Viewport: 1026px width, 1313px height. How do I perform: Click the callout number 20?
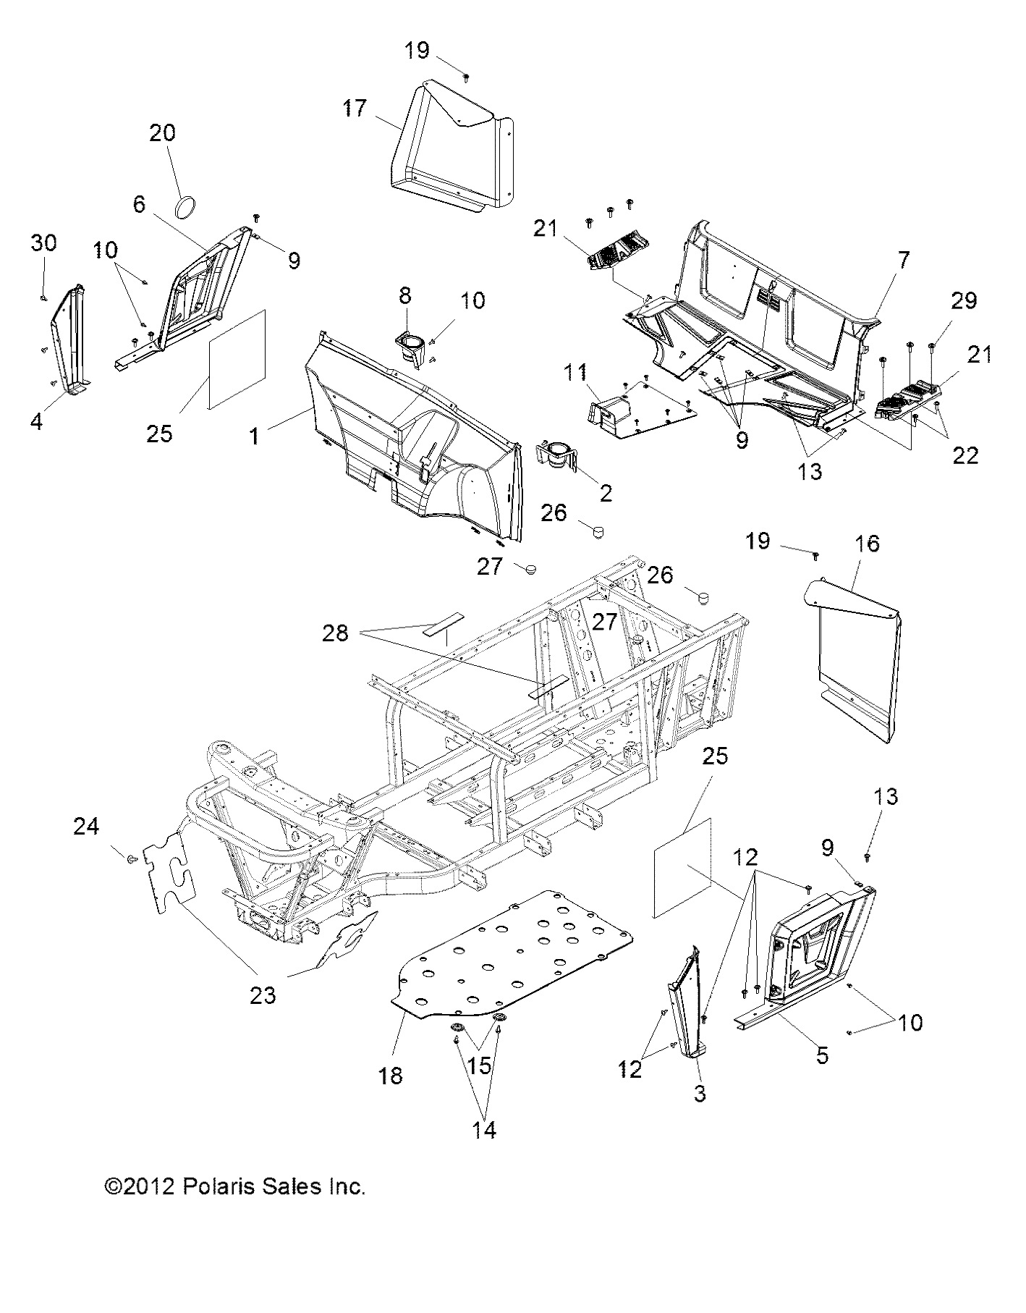163,133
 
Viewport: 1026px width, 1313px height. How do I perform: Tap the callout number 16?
868,543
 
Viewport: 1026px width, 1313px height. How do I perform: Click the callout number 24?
86,826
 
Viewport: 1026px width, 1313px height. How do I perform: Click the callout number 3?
699,1094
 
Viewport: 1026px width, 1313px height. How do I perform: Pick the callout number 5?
822,1055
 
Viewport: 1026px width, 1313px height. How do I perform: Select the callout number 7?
904,260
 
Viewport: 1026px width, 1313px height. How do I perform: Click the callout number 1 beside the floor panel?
253,436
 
